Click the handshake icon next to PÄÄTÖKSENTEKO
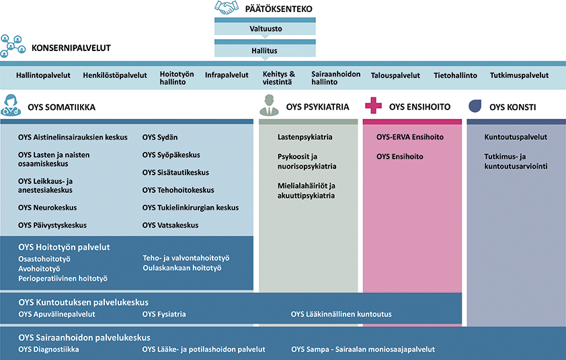(x=227, y=7)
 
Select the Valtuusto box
(x=265, y=26)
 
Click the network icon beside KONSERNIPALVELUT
(x=13, y=46)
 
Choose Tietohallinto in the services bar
(x=455, y=75)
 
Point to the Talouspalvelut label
(x=395, y=75)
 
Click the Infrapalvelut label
(x=227, y=75)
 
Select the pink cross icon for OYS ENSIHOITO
(x=373, y=105)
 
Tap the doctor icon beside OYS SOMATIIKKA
(x=11, y=105)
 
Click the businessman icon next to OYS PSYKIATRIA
(x=269, y=105)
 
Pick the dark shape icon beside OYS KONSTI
(x=475, y=105)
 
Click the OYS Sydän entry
(x=160, y=138)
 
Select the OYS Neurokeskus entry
(x=47, y=208)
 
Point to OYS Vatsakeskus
(x=170, y=226)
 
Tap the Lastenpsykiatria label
(x=305, y=137)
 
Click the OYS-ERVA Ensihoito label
(x=410, y=137)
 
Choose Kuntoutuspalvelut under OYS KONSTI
(x=516, y=137)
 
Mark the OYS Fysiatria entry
(x=164, y=314)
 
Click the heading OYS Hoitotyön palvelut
(x=64, y=247)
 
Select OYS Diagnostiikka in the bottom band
(x=48, y=349)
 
